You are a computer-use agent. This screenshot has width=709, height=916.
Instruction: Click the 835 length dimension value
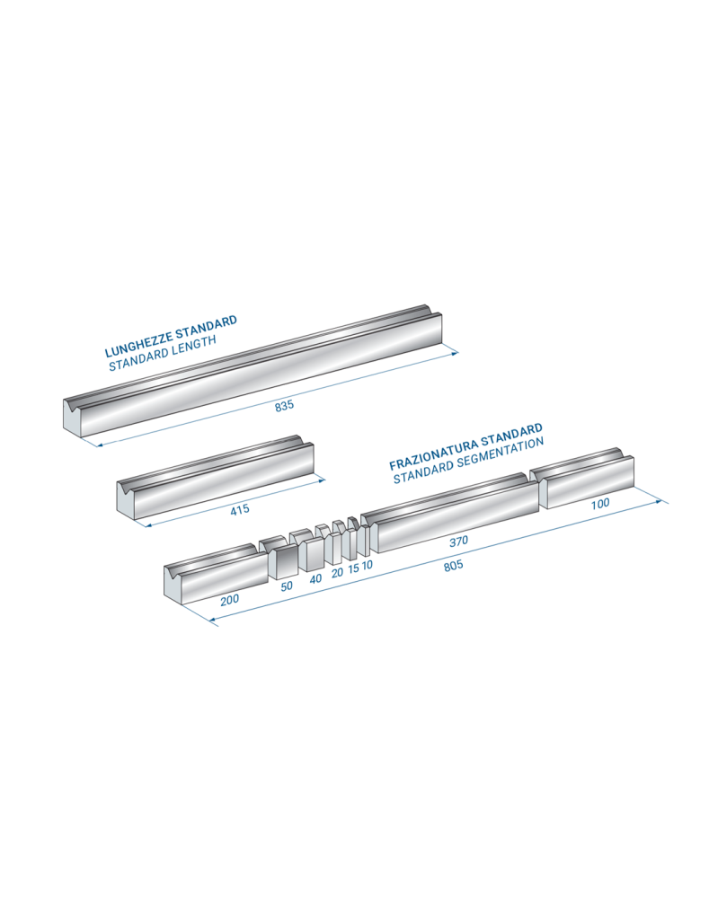click(284, 405)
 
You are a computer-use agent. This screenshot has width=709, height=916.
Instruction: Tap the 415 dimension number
click(240, 509)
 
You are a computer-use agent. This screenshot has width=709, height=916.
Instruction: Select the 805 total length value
click(453, 566)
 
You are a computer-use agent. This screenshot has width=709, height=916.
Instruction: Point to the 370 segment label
click(458, 542)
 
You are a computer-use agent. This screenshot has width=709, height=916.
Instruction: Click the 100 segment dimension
click(599, 504)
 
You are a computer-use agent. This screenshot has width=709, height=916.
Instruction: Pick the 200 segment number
click(230, 599)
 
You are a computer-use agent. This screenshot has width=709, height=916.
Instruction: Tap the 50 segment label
click(287, 586)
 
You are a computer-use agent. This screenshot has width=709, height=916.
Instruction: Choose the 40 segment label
click(315, 579)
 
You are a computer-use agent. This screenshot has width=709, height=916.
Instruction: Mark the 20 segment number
click(337, 573)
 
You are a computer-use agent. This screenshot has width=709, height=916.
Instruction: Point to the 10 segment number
click(367, 565)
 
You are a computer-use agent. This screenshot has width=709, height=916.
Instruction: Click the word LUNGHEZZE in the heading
click(139, 344)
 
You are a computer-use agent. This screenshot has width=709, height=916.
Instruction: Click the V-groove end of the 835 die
click(74, 413)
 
